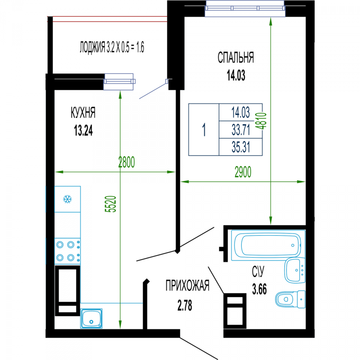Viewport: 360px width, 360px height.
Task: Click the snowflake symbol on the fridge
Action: pyautogui.click(x=67, y=199)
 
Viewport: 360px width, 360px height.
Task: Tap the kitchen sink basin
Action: pyautogui.click(x=91, y=318)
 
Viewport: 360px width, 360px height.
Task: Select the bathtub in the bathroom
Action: pyautogui.click(x=268, y=245)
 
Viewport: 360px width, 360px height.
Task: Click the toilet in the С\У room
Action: pyautogui.click(x=290, y=299)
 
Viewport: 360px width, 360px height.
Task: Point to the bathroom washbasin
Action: pyautogui.click(x=295, y=270)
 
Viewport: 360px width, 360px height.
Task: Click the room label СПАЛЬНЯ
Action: pyautogui.click(x=236, y=58)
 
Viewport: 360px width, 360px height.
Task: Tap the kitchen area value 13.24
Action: pyautogui.click(x=83, y=131)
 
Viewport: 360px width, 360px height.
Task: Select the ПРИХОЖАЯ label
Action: pyautogui.click(x=187, y=286)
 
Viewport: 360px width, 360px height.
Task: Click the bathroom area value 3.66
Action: pyautogui.click(x=259, y=289)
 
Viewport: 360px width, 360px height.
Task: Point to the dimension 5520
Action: pyautogui.click(x=110, y=204)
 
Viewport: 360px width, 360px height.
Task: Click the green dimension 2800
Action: pyautogui.click(x=126, y=162)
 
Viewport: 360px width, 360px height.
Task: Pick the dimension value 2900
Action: pyautogui.click(x=243, y=172)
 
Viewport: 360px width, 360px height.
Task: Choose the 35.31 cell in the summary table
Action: pyautogui.click(x=241, y=147)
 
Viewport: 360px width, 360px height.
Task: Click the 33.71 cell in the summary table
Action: pyautogui.click(x=241, y=130)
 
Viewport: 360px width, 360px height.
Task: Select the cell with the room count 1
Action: pyautogui.click(x=204, y=130)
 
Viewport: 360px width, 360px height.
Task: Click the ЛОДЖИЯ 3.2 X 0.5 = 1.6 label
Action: pyautogui.click(x=112, y=47)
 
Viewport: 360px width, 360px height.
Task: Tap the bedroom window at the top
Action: pyautogui.click(x=245, y=9)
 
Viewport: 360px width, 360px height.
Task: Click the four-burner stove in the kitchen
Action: pyautogui.click(x=67, y=251)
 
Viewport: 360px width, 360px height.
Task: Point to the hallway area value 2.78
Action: pyautogui.click(x=184, y=306)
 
